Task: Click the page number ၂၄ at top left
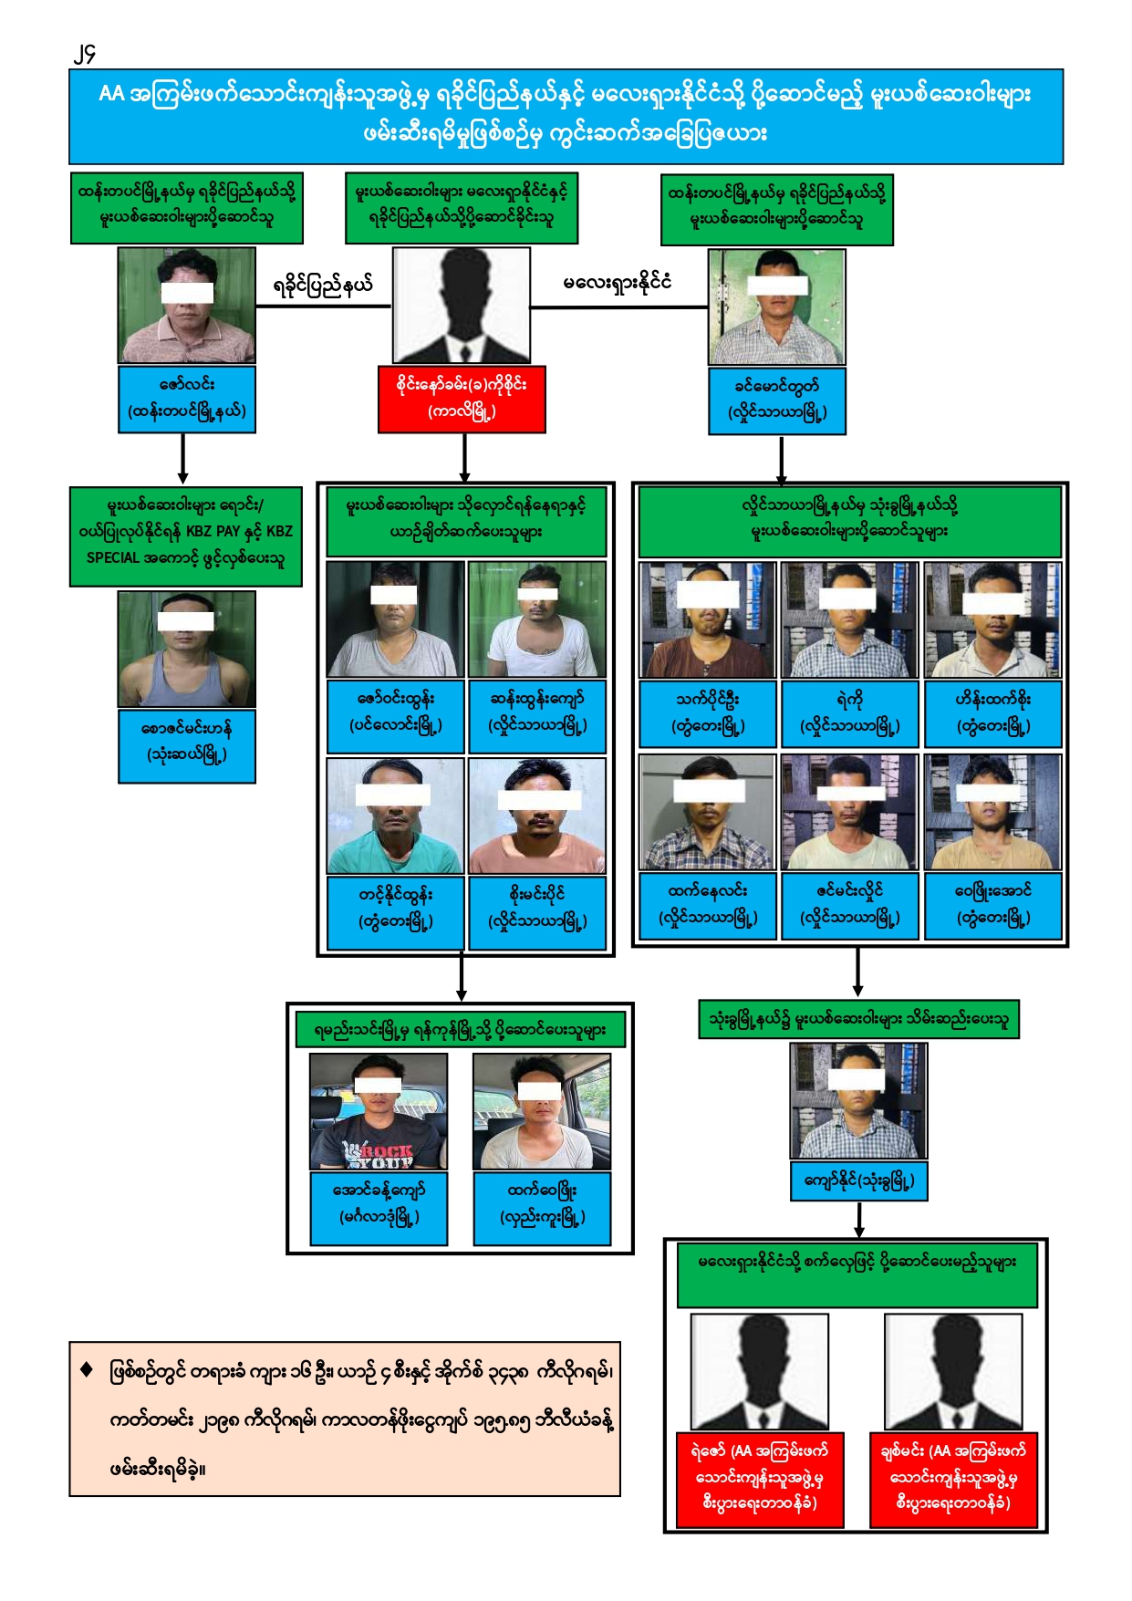pyautogui.click(x=85, y=55)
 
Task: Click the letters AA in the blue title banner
pyautogui.click(x=111, y=94)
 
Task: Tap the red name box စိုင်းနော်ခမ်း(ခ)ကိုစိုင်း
pyautogui.click(x=462, y=399)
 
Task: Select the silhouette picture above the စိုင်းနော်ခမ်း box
pyautogui.click(x=462, y=305)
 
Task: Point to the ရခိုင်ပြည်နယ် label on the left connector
pyautogui.click(x=323, y=286)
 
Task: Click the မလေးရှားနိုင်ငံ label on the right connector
pyautogui.click(x=618, y=283)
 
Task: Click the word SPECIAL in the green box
pyautogui.click(x=113, y=557)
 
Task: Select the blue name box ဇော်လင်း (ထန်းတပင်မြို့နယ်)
pyautogui.click(x=186, y=399)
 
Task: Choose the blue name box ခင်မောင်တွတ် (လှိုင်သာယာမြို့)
pyautogui.click(x=777, y=400)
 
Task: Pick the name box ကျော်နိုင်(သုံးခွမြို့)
pyautogui.click(x=858, y=1180)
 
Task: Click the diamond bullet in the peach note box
pyautogui.click(x=87, y=1368)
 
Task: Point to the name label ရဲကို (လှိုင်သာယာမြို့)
pyautogui.click(x=849, y=712)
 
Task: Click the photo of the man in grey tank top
pyautogui.click(x=187, y=649)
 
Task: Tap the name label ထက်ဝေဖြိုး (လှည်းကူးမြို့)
pyautogui.click(x=542, y=1203)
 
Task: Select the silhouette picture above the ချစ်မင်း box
pyautogui.click(x=953, y=1371)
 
